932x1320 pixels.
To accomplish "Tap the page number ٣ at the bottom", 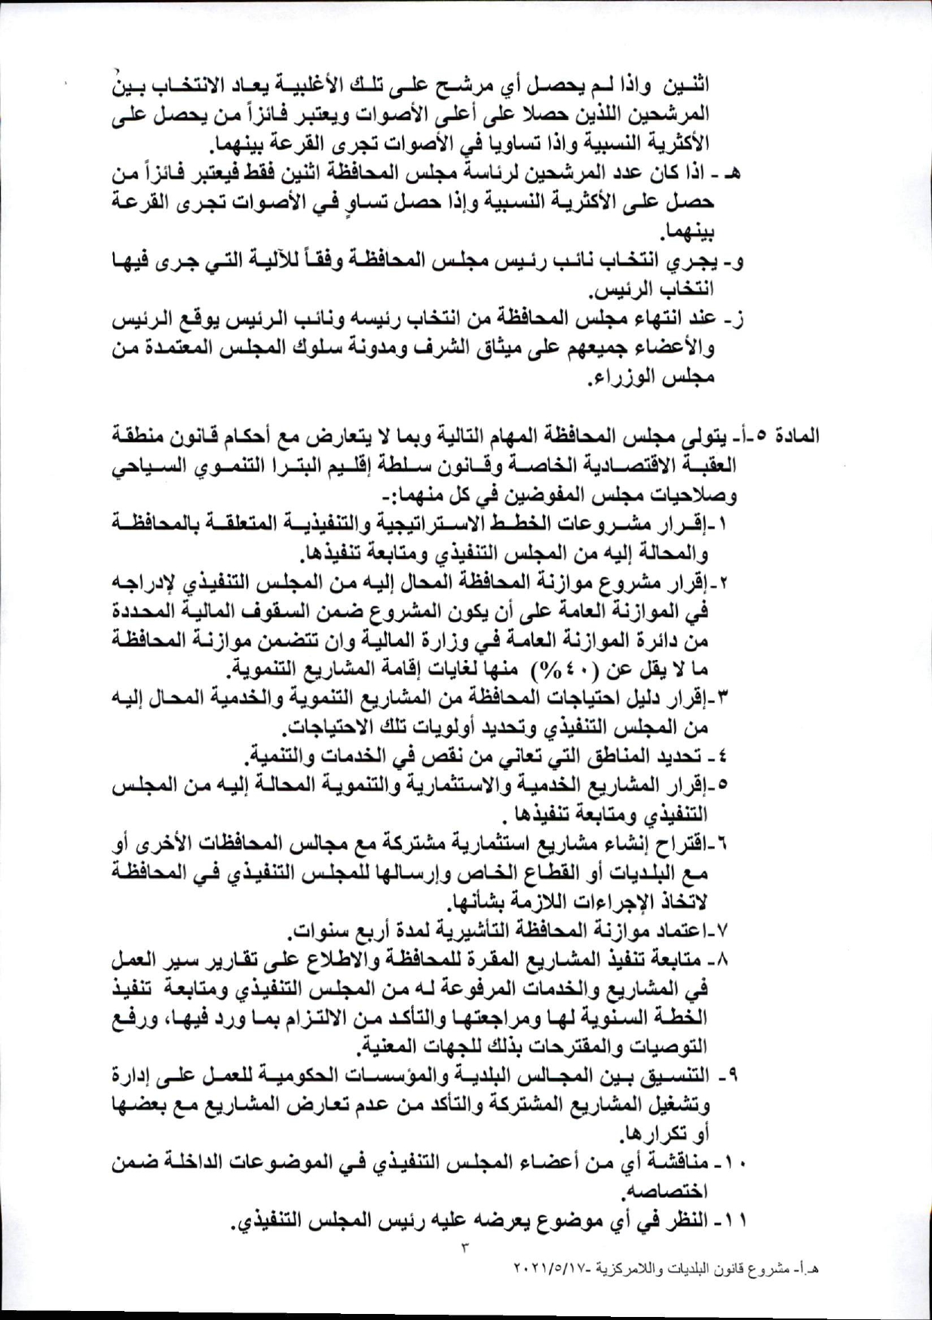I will click(x=465, y=1247).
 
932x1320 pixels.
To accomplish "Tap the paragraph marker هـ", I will click(x=731, y=173).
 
